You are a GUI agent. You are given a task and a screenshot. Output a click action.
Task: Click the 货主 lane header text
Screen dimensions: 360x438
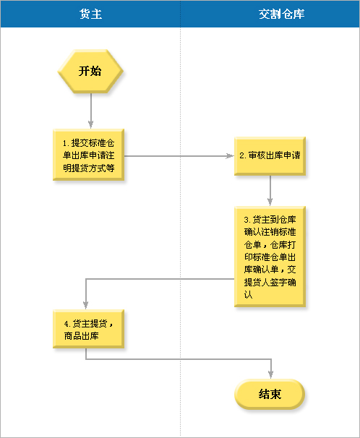[x=90, y=14]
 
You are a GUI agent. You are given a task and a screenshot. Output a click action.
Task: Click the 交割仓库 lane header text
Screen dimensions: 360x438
[x=281, y=14]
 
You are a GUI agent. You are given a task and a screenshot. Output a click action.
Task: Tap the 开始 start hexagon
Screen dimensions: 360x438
[x=90, y=72]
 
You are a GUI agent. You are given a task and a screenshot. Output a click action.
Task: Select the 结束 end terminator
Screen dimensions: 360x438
[x=270, y=394]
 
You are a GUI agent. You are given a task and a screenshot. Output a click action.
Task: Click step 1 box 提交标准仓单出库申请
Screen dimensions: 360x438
[x=88, y=155]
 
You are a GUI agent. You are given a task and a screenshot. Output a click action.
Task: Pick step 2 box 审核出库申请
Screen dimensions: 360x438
[x=270, y=156]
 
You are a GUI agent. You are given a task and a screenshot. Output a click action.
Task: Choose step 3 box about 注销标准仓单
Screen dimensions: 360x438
[x=270, y=257]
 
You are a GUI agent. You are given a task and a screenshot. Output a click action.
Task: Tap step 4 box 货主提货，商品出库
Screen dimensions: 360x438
[x=88, y=329]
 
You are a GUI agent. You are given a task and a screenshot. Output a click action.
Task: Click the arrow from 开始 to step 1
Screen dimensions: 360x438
[x=91, y=111]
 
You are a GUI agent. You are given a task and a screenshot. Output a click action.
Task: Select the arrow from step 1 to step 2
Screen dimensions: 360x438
[x=179, y=156]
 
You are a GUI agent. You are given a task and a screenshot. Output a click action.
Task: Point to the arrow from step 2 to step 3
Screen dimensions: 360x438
[x=270, y=191]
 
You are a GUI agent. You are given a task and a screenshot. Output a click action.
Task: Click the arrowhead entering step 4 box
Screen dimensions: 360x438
[x=86, y=305]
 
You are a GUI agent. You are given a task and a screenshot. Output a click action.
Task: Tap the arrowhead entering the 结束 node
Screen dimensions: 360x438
[x=270, y=374]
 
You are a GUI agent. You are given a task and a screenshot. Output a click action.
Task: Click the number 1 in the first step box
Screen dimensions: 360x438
[x=65, y=143]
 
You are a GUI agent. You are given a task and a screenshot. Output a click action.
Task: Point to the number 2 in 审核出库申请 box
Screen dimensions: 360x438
[x=242, y=155]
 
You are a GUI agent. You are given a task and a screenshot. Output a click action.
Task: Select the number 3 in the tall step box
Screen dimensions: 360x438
[x=246, y=220]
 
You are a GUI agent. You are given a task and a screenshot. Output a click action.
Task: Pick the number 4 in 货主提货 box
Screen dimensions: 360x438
[x=67, y=324]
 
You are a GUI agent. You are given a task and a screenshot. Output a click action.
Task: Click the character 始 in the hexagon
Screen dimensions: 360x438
[x=96, y=71]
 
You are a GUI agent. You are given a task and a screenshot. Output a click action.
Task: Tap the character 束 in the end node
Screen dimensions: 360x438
[x=275, y=394]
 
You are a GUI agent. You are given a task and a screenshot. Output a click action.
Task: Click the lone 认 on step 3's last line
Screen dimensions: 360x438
[x=248, y=295]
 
